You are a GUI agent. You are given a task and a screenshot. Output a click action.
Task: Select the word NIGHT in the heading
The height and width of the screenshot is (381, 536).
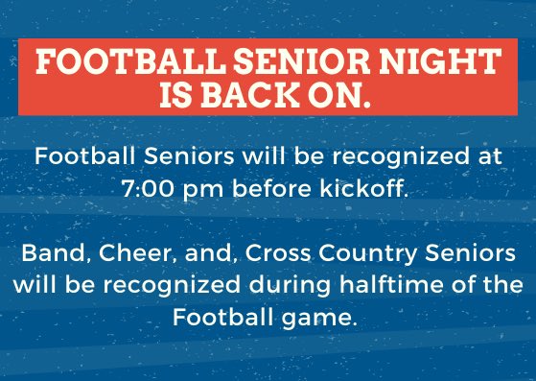[x=442, y=63]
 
